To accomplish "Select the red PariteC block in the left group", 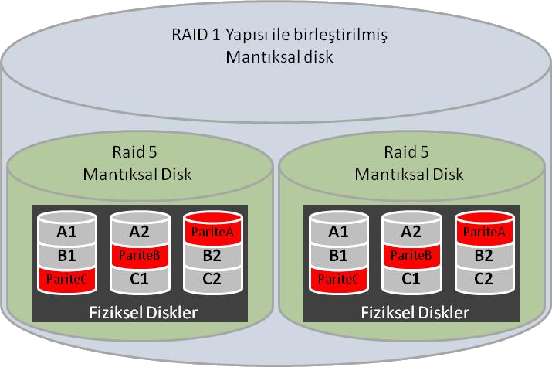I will (x=67, y=277).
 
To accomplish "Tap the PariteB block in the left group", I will (x=140, y=254).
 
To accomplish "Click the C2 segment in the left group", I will (x=212, y=277).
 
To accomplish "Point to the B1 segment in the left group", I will (x=67, y=254).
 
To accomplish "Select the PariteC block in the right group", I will (x=338, y=277).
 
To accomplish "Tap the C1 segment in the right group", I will (x=411, y=277).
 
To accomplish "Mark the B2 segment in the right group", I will (x=483, y=254).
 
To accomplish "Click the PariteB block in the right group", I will (x=411, y=254).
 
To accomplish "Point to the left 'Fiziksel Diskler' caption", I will (x=139, y=312).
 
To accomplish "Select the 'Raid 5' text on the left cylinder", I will (x=137, y=153).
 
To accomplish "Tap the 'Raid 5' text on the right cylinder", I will (x=409, y=153).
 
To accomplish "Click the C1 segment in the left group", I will (x=140, y=277).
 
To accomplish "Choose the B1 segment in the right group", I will (x=338, y=254).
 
